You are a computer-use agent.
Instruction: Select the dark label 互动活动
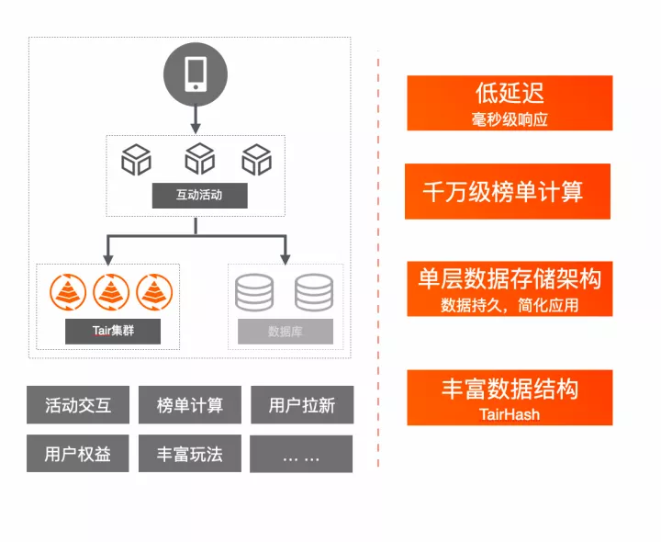[x=199, y=195]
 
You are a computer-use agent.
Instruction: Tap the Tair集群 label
[x=113, y=331]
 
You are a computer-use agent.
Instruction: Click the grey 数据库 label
[x=285, y=331]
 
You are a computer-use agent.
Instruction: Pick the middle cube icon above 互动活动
[x=199, y=160]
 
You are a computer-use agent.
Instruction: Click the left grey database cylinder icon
[x=254, y=292]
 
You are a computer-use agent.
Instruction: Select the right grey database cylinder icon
[x=313, y=292]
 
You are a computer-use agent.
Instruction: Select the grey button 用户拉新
[x=302, y=404]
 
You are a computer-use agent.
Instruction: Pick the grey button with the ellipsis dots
[x=302, y=454]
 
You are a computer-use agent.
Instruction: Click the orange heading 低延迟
[x=510, y=93]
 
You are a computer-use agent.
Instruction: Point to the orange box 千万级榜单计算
[x=508, y=191]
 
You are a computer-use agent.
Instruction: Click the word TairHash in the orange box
[x=510, y=414]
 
